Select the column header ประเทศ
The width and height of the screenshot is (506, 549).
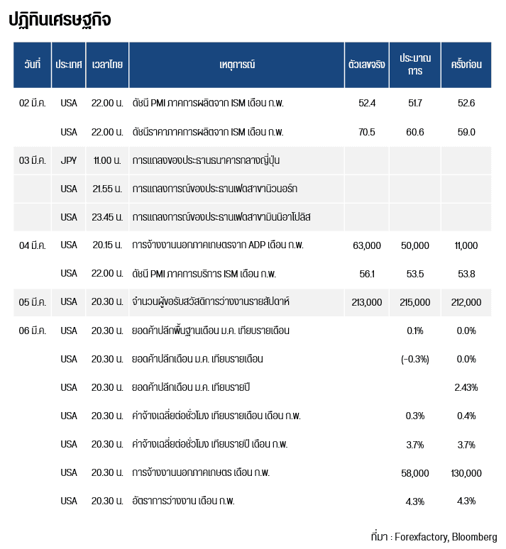click(x=69, y=65)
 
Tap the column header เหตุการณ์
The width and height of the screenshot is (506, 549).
click(x=237, y=65)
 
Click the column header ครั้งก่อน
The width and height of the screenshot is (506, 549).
click(x=466, y=65)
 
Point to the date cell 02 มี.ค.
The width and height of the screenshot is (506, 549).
click(x=33, y=104)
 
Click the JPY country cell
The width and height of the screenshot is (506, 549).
click(x=69, y=160)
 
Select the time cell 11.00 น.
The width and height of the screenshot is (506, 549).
click(x=107, y=160)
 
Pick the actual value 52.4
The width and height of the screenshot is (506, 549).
click(x=367, y=104)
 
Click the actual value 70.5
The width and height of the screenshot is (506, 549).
click(x=367, y=132)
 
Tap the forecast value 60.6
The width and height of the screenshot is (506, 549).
click(x=415, y=132)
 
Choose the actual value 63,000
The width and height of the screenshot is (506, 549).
click(x=367, y=245)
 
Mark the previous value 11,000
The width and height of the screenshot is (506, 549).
click(x=466, y=245)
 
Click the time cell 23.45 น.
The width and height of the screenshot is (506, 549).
click(x=107, y=217)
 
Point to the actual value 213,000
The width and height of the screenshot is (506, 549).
click(x=367, y=302)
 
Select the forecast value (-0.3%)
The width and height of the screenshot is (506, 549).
click(x=415, y=359)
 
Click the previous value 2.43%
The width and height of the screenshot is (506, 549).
click(x=466, y=387)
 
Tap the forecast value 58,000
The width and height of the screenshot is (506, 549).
click(x=415, y=472)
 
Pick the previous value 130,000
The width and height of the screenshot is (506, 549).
click(x=466, y=472)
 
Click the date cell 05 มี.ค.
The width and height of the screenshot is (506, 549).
click(x=33, y=302)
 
